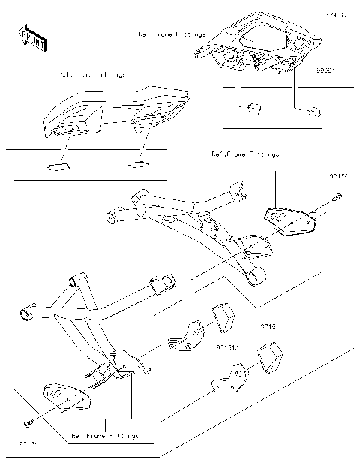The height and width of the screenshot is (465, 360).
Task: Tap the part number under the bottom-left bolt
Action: tap(27, 444)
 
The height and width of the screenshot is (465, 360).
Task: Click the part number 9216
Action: tap(268, 327)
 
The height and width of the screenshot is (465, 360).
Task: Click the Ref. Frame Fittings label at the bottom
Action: tap(105, 435)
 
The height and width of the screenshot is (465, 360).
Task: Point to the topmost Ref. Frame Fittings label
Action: tap(171, 34)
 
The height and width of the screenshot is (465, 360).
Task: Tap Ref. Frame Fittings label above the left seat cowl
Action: tap(92, 75)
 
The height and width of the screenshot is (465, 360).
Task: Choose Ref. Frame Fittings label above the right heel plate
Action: tap(245, 154)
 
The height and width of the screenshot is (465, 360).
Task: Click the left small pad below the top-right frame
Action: tap(254, 106)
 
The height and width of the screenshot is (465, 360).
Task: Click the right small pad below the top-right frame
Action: tap(312, 111)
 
